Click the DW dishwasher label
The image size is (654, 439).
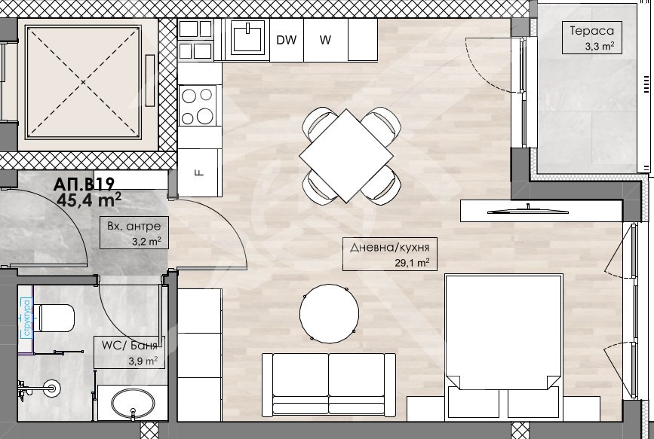click(x=287, y=40)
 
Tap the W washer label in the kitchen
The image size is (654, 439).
click(x=325, y=40)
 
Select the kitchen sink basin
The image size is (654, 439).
click(x=247, y=37)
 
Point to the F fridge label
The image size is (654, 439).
click(x=200, y=172)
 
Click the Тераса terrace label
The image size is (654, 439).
click(x=592, y=31)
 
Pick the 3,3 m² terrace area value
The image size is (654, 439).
click(x=600, y=46)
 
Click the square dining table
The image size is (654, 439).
click(x=346, y=156)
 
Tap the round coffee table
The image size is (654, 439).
click(x=329, y=314)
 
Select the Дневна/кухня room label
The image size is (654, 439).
click(x=389, y=248)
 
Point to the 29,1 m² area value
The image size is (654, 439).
click(x=412, y=263)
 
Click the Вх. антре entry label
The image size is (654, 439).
click(x=134, y=226)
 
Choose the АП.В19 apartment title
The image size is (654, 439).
click(x=84, y=184)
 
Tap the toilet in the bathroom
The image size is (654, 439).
click(x=54, y=318)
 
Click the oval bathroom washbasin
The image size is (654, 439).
click(x=133, y=403)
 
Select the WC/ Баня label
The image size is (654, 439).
click(x=130, y=346)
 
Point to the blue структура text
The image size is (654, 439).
click(x=27, y=318)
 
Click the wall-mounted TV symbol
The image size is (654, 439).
click(x=527, y=211)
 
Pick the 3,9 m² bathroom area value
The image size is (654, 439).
click(x=143, y=361)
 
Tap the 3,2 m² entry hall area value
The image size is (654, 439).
click(x=146, y=242)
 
